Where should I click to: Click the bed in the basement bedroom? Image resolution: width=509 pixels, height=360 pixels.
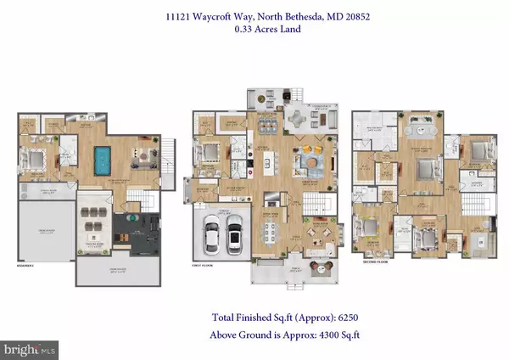42,158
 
